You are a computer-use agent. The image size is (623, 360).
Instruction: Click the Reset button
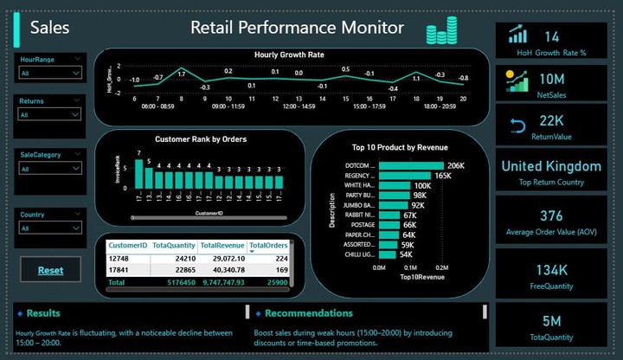[x=50, y=270]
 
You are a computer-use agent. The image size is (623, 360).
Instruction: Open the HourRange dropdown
[x=51, y=74]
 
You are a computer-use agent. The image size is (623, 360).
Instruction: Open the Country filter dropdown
[x=51, y=228]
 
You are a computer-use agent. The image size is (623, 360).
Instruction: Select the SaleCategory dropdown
[x=51, y=170]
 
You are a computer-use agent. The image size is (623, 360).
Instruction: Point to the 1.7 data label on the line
[x=181, y=74]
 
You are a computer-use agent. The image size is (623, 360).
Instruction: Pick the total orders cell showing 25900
[x=273, y=282]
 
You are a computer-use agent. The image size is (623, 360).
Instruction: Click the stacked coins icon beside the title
[x=442, y=32]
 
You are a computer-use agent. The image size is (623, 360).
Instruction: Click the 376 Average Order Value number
[x=551, y=215]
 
